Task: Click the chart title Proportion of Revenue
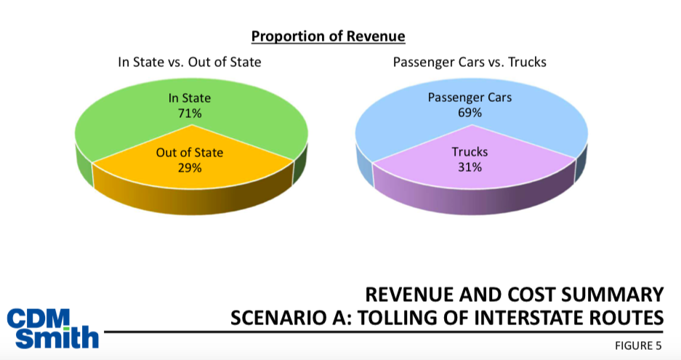[x=328, y=36]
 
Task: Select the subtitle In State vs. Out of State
[x=190, y=62]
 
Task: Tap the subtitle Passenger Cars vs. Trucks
[x=470, y=62]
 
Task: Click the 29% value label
[x=190, y=167]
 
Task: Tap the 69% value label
[x=470, y=112]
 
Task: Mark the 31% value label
[x=470, y=167]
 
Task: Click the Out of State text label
[x=190, y=153]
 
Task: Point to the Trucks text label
[x=470, y=153]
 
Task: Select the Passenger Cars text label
[x=470, y=97]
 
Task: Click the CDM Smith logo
[x=52, y=328]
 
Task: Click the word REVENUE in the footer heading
[x=403, y=295]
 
